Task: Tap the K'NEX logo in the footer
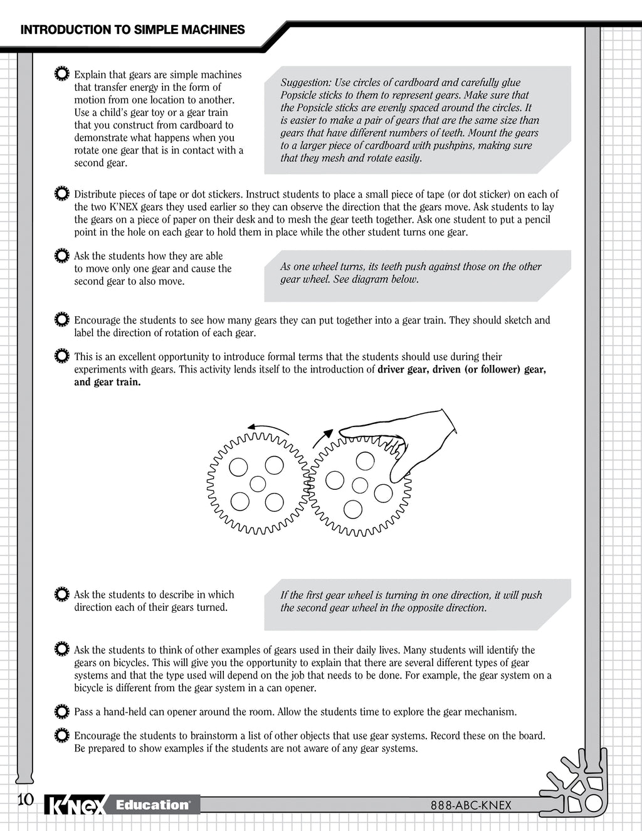click(75, 805)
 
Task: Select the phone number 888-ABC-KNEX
click(471, 805)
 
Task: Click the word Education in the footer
click(152, 805)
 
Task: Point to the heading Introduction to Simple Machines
click(132, 29)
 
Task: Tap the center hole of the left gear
click(258, 484)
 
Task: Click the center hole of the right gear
click(360, 485)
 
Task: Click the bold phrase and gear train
click(107, 382)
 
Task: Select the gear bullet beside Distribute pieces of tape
click(62, 194)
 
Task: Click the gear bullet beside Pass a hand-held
click(62, 711)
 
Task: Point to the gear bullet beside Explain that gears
click(62, 74)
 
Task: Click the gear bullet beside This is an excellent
click(62, 356)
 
